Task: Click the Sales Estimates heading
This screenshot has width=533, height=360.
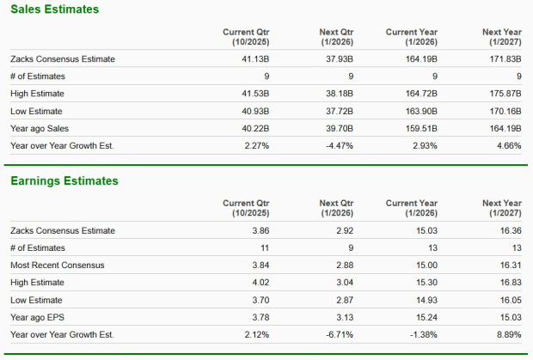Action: [x=54, y=9]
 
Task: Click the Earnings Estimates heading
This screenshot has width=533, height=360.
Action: [x=64, y=181]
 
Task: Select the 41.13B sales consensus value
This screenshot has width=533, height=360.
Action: [x=256, y=59]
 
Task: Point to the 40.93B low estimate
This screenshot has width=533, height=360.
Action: [x=256, y=111]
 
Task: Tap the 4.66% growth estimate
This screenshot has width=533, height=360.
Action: [x=509, y=145]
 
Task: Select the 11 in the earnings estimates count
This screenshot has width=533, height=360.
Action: [x=265, y=248]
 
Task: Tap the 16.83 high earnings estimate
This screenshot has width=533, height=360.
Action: [x=510, y=283]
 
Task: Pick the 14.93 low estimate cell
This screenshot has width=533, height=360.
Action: [x=426, y=300]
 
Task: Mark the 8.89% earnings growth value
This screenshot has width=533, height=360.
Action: [x=509, y=334]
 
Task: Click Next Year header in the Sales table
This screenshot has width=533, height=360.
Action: [x=502, y=36]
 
